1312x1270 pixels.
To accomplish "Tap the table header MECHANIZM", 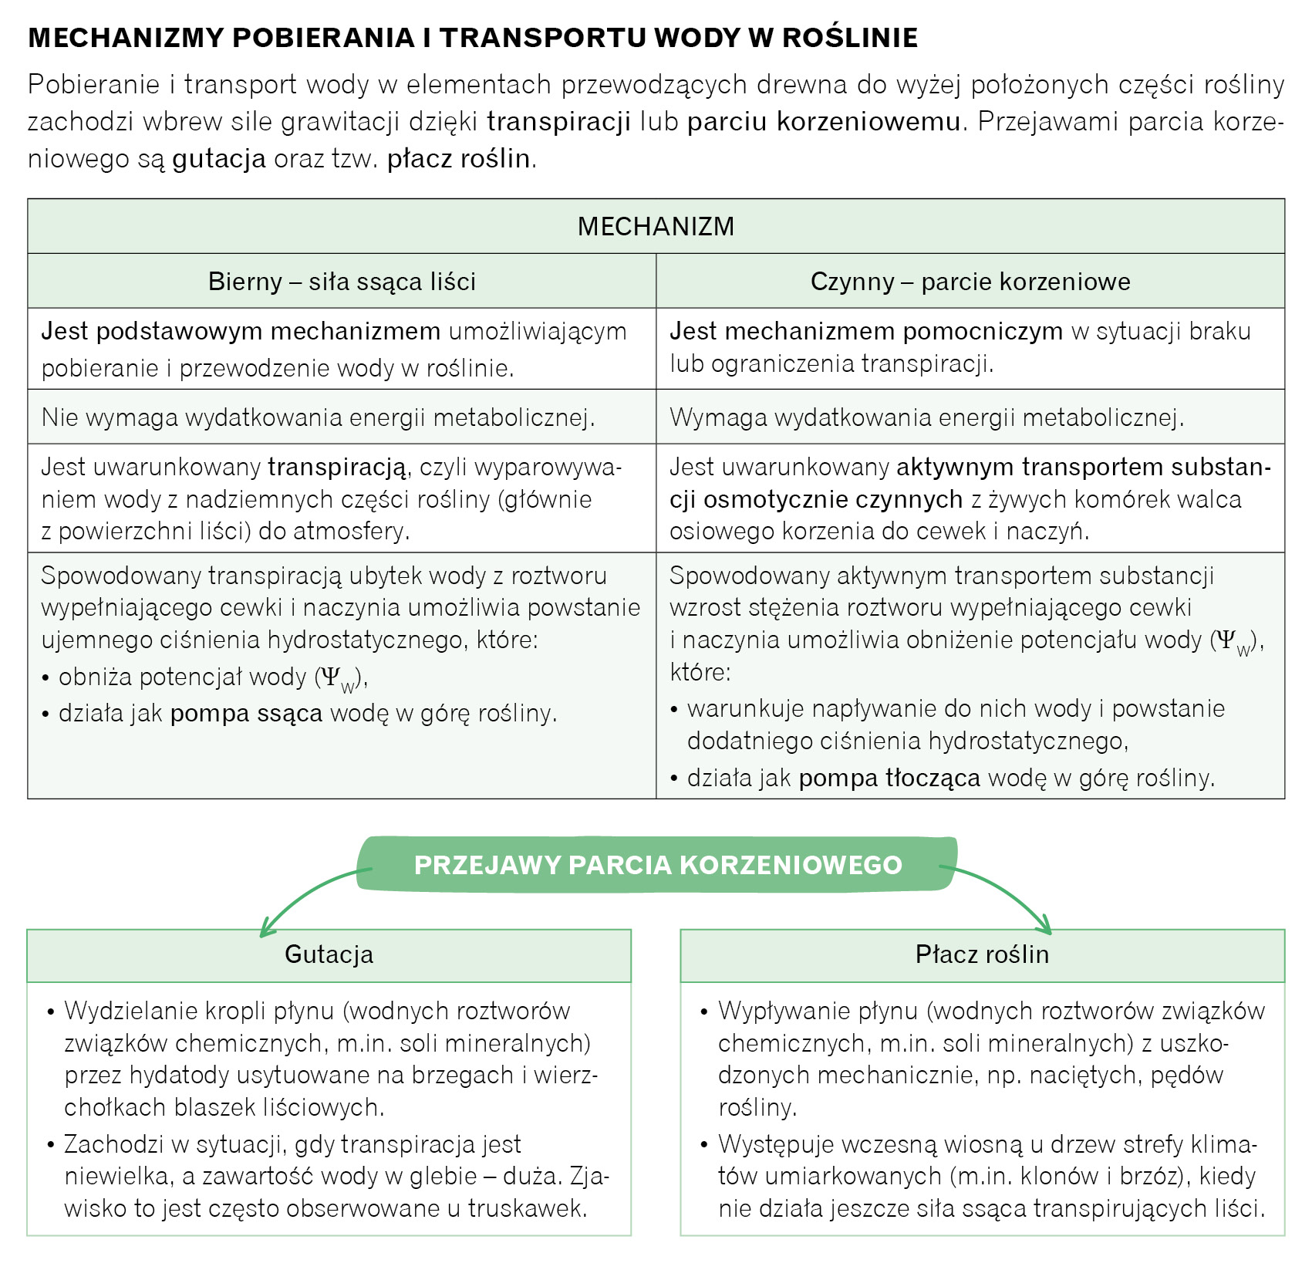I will [656, 226].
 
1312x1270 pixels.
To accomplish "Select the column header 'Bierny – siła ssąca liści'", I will [342, 282].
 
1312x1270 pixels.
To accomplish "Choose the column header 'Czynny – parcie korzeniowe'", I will [970, 282].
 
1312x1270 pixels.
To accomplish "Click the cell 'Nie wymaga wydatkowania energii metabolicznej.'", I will [318, 417].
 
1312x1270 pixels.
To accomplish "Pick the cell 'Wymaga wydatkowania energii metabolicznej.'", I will [926, 417].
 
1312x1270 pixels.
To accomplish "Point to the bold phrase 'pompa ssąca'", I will [246, 713].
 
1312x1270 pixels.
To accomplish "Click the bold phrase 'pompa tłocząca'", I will [889, 778].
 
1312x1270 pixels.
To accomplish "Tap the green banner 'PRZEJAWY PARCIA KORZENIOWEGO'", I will [658, 864].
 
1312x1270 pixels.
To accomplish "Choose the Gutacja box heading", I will [329, 954].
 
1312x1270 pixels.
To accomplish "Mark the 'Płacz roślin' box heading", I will [982, 954].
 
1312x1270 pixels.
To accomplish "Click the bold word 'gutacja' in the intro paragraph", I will [219, 158].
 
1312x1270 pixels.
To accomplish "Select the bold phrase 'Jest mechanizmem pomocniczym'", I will [866, 331].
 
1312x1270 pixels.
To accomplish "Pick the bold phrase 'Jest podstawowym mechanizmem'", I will [241, 331].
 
